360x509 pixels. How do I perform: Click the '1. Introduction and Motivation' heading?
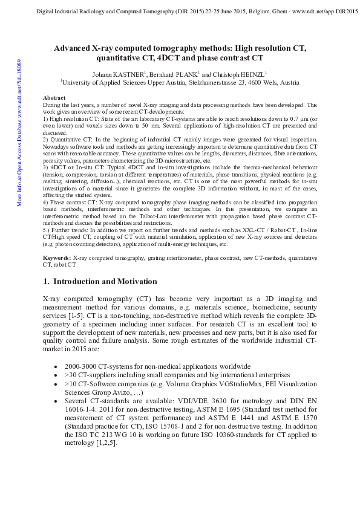click(x=100, y=282)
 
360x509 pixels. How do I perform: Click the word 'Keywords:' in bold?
click(x=57, y=259)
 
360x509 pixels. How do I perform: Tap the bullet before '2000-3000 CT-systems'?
click(x=56, y=367)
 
